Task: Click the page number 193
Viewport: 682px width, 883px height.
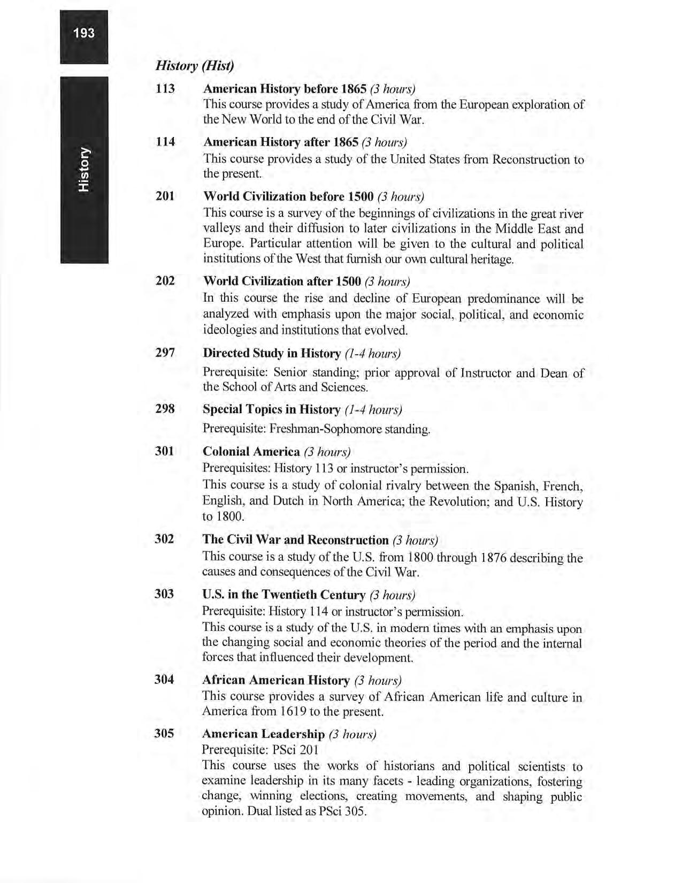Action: click(x=84, y=33)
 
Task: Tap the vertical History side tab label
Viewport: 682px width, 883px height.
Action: click(x=85, y=169)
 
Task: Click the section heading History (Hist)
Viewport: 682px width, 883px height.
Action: click(x=194, y=66)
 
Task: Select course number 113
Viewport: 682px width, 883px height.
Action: click(x=165, y=88)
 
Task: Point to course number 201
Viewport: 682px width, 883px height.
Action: click(x=165, y=196)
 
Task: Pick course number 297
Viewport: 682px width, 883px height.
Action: click(x=165, y=353)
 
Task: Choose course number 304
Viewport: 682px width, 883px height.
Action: click(x=164, y=680)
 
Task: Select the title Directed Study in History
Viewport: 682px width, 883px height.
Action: click(x=272, y=353)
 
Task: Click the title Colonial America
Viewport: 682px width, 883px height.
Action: click(x=251, y=452)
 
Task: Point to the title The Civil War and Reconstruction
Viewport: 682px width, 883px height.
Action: click(x=295, y=539)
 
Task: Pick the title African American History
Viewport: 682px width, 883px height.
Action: click(x=275, y=680)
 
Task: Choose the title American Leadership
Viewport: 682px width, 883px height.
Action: click(x=263, y=734)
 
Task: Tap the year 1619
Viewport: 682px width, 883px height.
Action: click(x=292, y=712)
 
